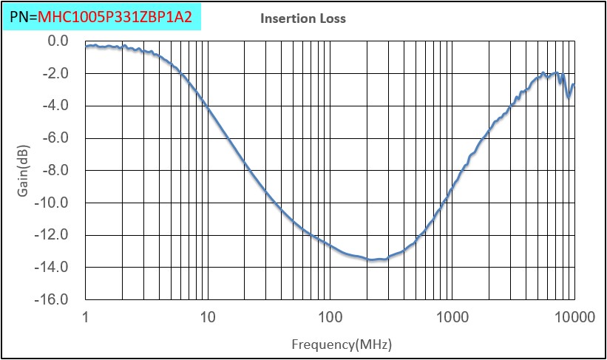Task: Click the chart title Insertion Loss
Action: [302, 18]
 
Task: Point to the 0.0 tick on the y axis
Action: [57, 41]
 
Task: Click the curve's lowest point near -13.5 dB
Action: [373, 259]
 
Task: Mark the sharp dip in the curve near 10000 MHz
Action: [568, 97]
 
